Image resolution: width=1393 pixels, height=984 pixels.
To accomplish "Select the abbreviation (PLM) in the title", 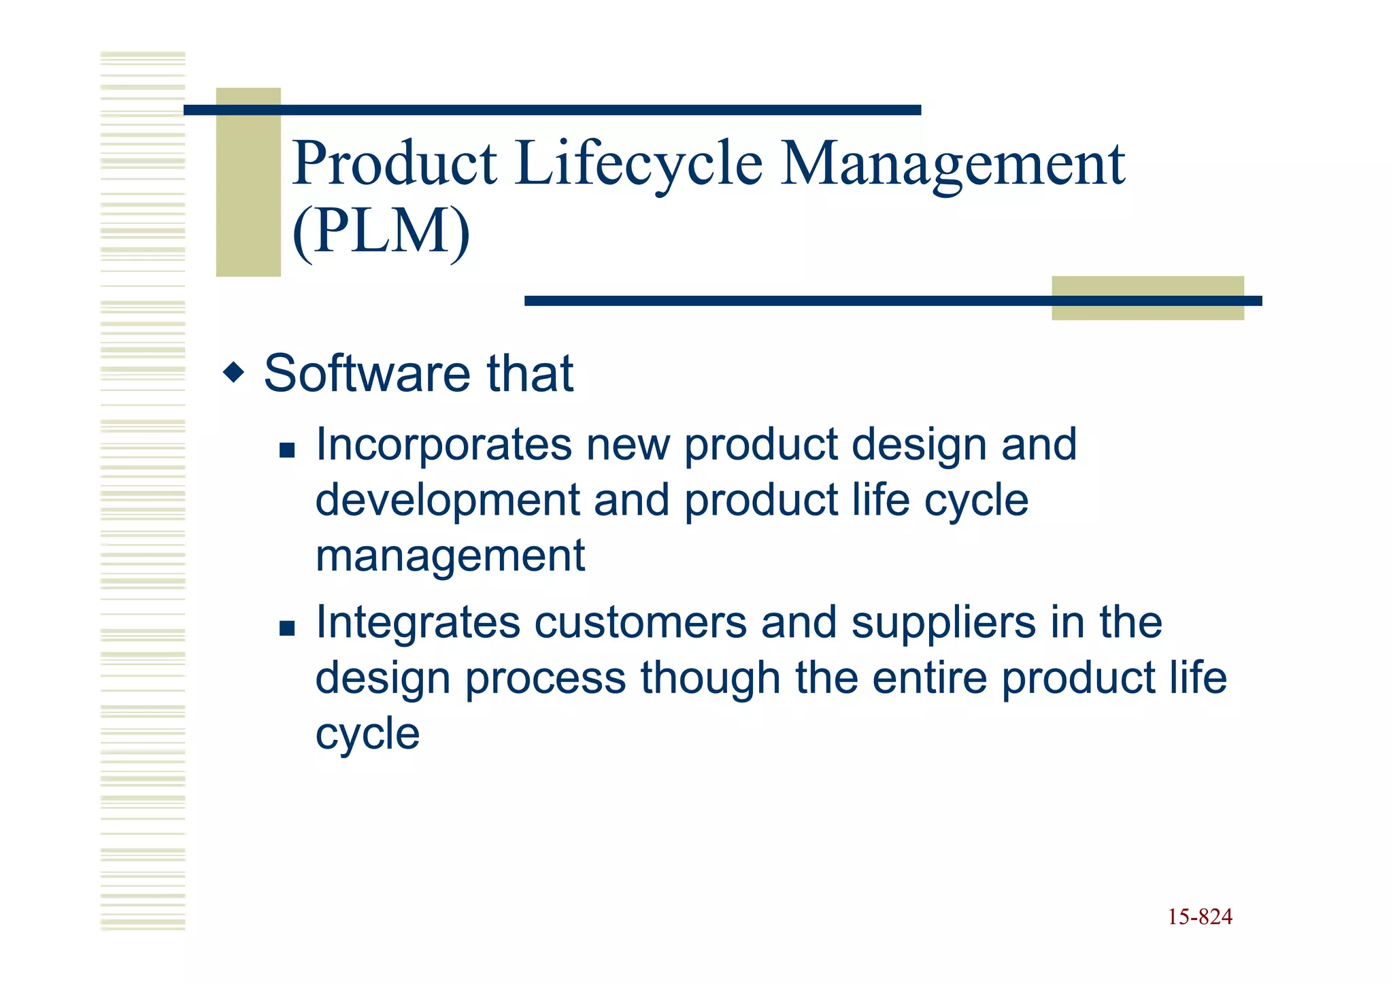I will click(x=381, y=232).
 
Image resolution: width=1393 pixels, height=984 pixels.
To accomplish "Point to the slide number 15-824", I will click(x=1200, y=917).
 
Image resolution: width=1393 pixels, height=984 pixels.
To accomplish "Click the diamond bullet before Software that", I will click(x=233, y=372).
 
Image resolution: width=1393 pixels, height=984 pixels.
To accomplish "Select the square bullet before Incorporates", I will click(x=287, y=450).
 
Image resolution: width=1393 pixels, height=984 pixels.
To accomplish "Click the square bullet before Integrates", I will click(x=287, y=628).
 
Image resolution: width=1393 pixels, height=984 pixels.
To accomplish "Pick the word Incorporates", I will click(x=443, y=445).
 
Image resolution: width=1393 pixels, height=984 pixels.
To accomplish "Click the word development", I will click(x=448, y=501).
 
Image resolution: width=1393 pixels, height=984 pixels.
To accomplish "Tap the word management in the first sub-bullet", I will click(x=450, y=556).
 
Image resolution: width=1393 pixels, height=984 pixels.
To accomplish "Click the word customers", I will click(x=640, y=624).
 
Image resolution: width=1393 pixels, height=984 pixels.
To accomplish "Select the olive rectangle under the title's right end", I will click(x=1147, y=311).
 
